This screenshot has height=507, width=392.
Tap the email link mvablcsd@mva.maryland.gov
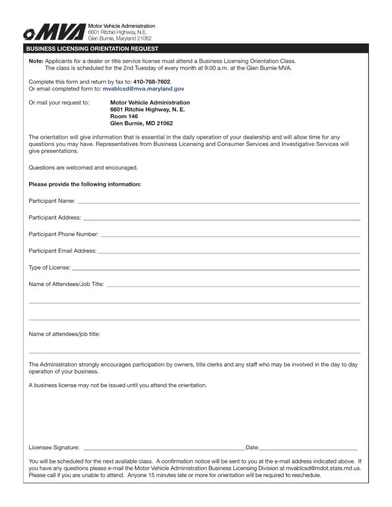(143, 89)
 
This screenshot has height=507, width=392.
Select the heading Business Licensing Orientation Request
(92, 49)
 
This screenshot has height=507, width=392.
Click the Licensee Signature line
(163, 448)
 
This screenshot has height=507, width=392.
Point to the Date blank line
(308, 448)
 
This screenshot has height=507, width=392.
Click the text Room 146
(124, 116)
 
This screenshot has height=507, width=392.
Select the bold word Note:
(36, 61)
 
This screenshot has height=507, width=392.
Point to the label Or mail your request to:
(59, 102)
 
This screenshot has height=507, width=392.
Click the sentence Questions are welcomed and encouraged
(83, 168)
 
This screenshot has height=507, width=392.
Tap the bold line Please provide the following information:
(85, 184)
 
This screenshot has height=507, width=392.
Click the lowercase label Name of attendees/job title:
(64, 334)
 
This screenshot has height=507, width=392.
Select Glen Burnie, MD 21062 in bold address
(142, 123)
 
